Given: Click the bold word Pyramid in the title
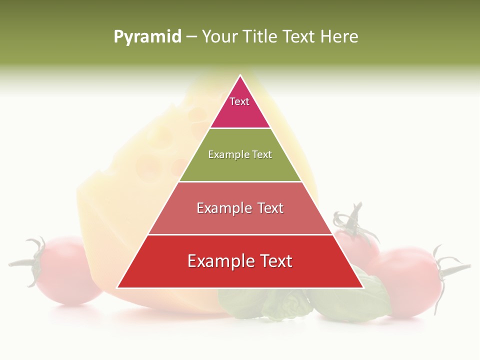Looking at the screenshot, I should tap(147, 36).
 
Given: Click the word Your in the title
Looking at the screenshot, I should tap(220, 36).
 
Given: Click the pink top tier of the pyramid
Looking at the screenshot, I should tap(240, 110).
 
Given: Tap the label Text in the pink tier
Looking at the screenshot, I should tap(239, 101).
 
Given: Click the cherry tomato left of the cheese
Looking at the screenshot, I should tap(70, 272).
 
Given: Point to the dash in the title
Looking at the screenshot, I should tap(191, 36).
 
